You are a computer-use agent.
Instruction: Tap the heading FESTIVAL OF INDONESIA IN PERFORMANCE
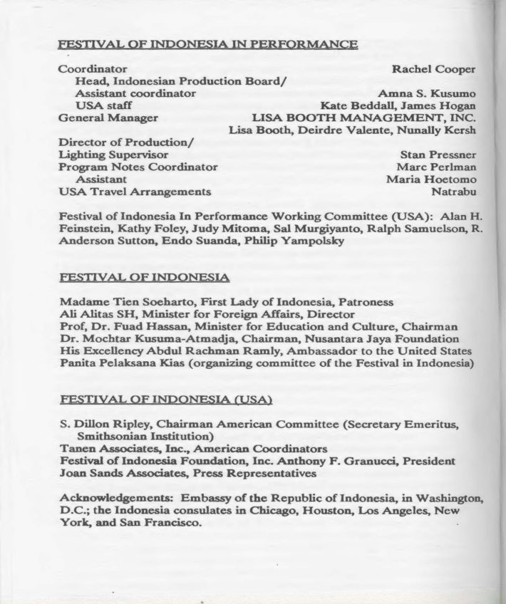point(207,44)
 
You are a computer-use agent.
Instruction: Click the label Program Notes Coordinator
point(138,167)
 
